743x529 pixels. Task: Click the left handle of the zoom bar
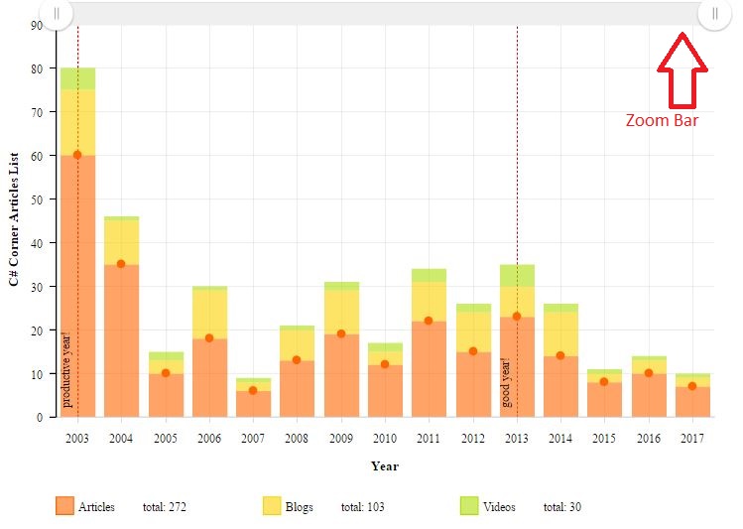tap(57, 13)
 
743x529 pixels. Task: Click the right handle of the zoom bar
tap(714, 13)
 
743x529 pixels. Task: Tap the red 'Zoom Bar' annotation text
tap(662, 120)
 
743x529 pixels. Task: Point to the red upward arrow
tap(682, 69)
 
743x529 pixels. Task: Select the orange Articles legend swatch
tap(65, 506)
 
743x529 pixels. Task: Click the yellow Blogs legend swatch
tap(272, 506)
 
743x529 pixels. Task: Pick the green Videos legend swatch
tap(470, 506)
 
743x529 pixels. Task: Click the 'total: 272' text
tap(165, 507)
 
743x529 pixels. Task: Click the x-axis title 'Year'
tap(385, 465)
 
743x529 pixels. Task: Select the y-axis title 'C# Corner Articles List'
tap(14, 219)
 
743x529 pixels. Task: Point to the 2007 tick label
tap(253, 438)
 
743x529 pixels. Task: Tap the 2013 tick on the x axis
tap(517, 438)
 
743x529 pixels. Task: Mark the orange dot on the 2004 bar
tap(121, 264)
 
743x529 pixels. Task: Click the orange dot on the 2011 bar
tap(429, 321)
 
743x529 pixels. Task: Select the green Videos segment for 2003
tap(77, 78)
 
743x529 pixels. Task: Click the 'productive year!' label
tap(67, 369)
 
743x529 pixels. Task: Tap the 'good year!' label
tap(507, 383)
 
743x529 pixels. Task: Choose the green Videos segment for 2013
tap(517, 275)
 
